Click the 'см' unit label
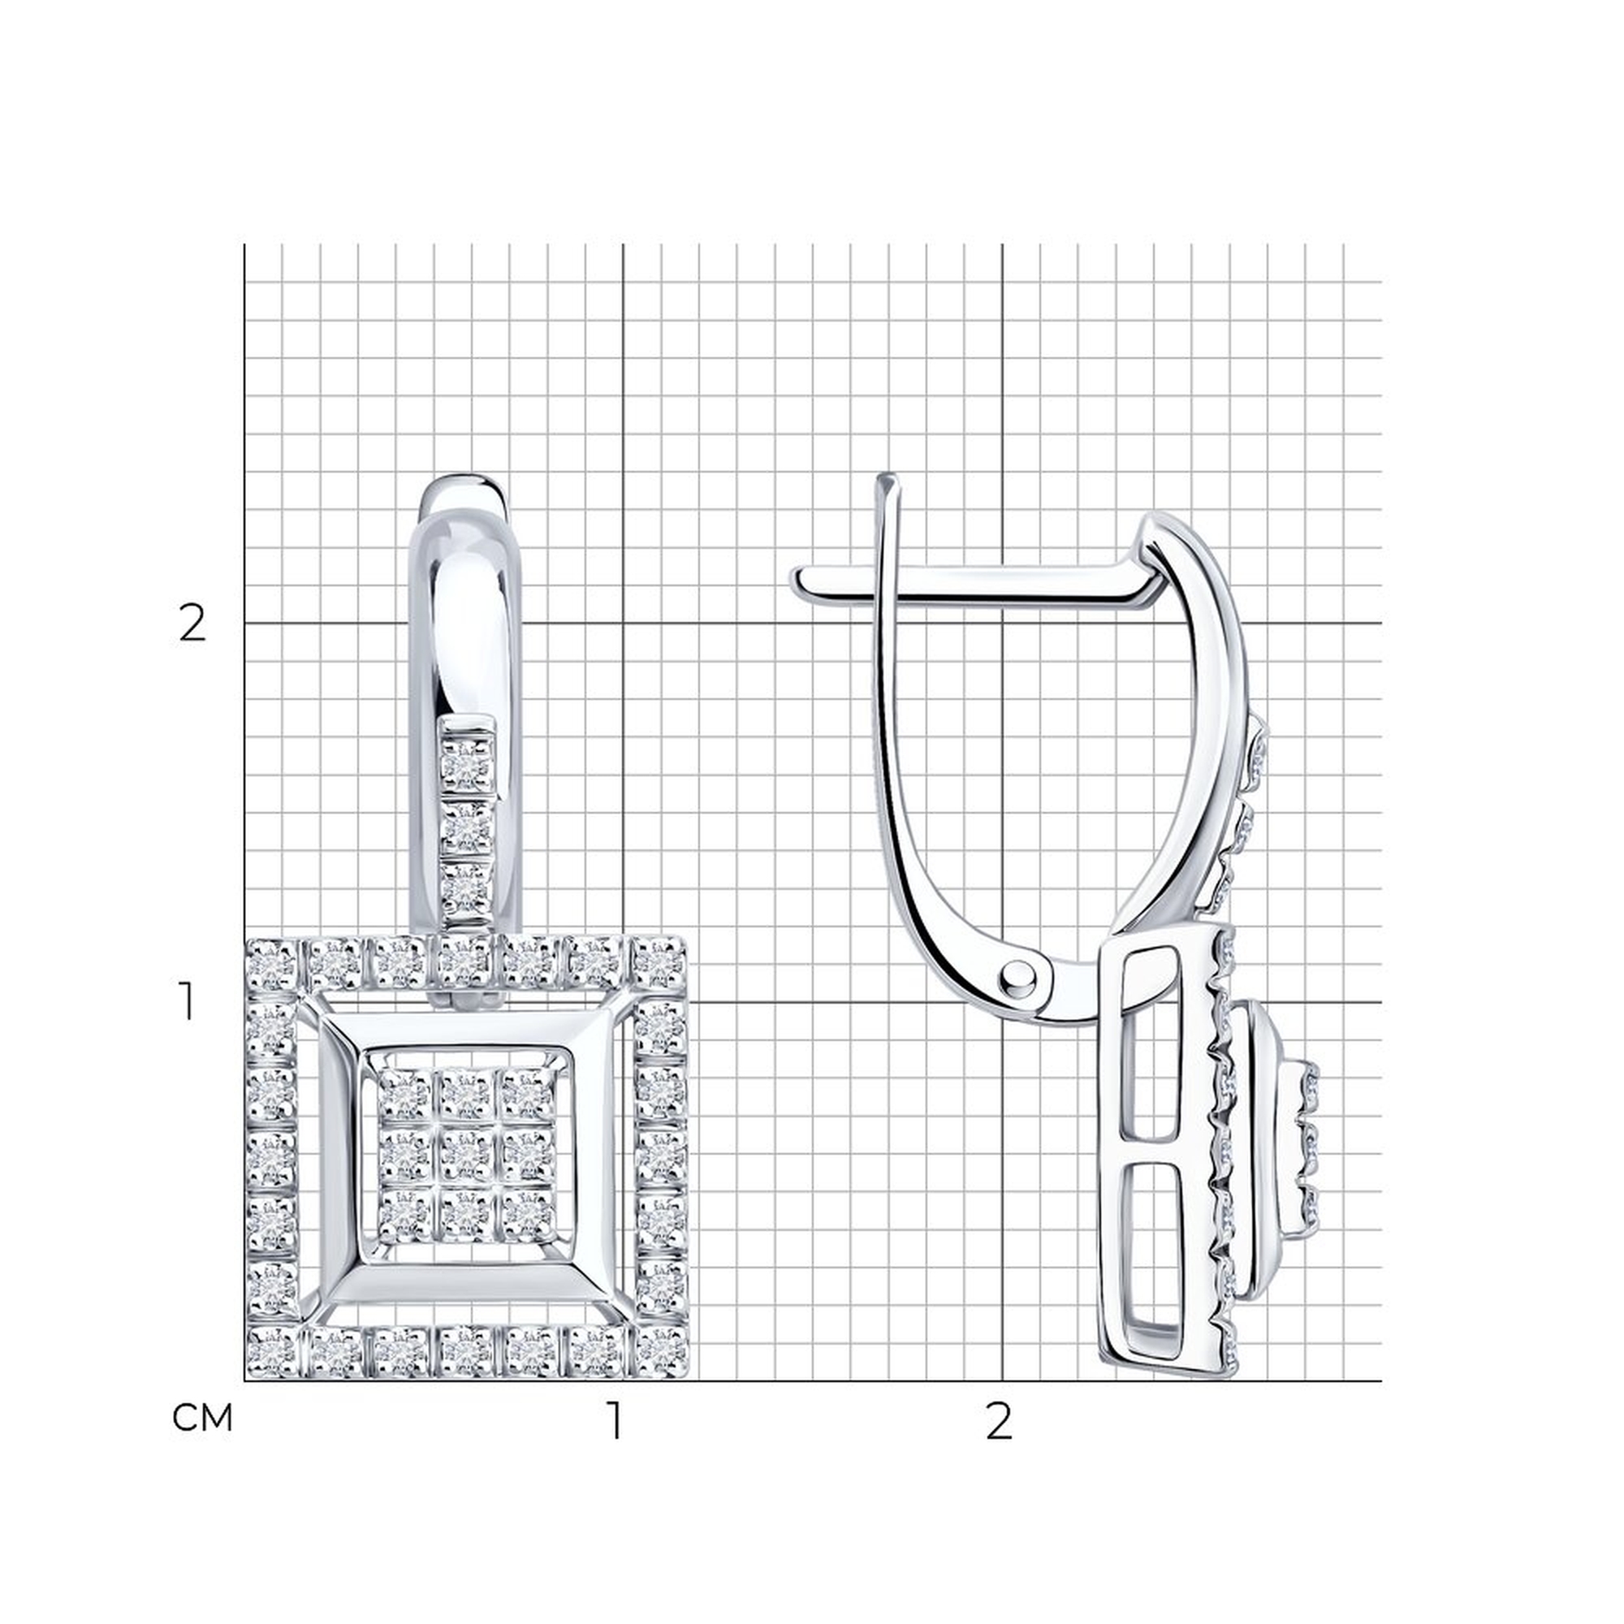pos(201,1419)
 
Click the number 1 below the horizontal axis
pos(616,1420)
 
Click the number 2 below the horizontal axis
pos(998,1420)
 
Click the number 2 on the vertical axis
pos(192,624)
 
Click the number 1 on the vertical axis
pos(188,1002)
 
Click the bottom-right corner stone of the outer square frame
pos(661,1353)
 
